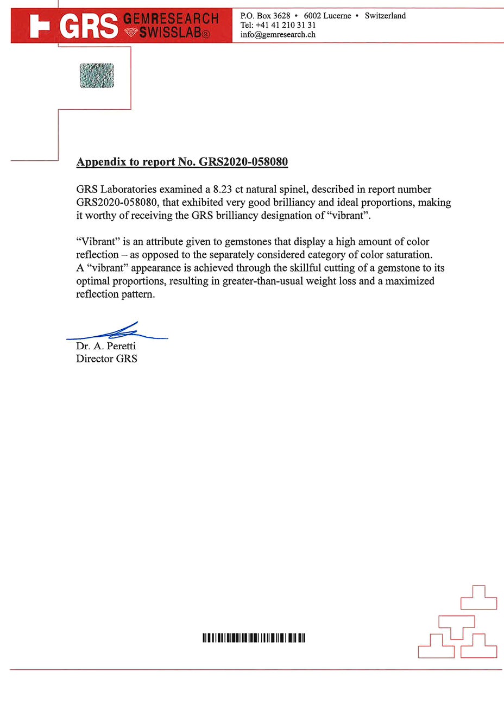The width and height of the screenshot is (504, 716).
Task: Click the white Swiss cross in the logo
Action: [39, 26]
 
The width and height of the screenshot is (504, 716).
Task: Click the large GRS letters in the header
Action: [89, 26]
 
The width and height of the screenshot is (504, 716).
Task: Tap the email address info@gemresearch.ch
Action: [278, 35]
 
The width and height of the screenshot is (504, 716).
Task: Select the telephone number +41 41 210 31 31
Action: [286, 25]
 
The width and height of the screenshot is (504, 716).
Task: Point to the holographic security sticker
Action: [97, 76]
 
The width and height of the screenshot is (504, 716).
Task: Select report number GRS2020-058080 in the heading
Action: [243, 162]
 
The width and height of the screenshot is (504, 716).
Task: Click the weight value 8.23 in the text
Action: [223, 190]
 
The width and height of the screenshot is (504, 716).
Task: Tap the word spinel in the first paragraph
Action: [292, 190]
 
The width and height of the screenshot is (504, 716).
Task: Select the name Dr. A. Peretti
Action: [106, 346]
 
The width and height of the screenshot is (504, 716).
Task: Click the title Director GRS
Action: [106, 359]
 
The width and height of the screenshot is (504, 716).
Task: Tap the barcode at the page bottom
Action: [254, 638]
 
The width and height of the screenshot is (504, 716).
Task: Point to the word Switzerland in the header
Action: [385, 16]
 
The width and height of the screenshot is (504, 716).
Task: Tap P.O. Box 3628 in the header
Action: [265, 16]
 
